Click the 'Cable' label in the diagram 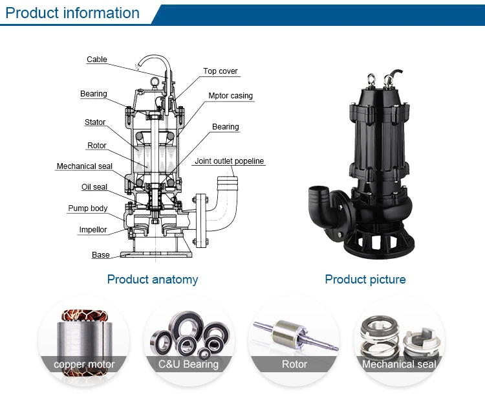tap(97, 59)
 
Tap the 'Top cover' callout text tap(221, 71)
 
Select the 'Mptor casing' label tap(230, 96)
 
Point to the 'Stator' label tap(95, 122)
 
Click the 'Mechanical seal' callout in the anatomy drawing tap(85, 166)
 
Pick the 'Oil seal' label tap(94, 186)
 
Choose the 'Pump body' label tap(88, 208)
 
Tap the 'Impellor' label tap(92, 230)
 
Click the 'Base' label tap(101, 254)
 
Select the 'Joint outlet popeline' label tap(229, 161)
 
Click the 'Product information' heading tap(72, 13)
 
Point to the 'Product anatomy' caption tap(153, 280)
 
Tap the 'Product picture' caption tap(365, 280)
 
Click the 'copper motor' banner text tap(84, 364)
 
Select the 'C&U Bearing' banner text tap(188, 364)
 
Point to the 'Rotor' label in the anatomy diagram tap(97, 145)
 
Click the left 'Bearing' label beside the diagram tap(93, 94)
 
